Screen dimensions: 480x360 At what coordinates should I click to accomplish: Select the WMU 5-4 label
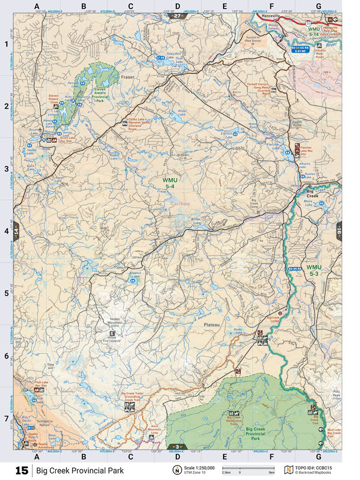click(170, 183)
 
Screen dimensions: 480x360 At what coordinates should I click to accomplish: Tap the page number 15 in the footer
click(22, 470)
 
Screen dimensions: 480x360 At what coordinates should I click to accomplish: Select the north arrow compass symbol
click(176, 470)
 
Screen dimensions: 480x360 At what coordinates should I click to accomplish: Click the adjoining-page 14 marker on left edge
click(16, 231)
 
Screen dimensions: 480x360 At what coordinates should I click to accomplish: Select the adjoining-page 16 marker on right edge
click(338, 231)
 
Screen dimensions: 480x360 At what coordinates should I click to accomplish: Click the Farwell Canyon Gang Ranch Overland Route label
click(259, 88)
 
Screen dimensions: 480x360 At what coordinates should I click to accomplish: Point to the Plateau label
click(211, 325)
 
